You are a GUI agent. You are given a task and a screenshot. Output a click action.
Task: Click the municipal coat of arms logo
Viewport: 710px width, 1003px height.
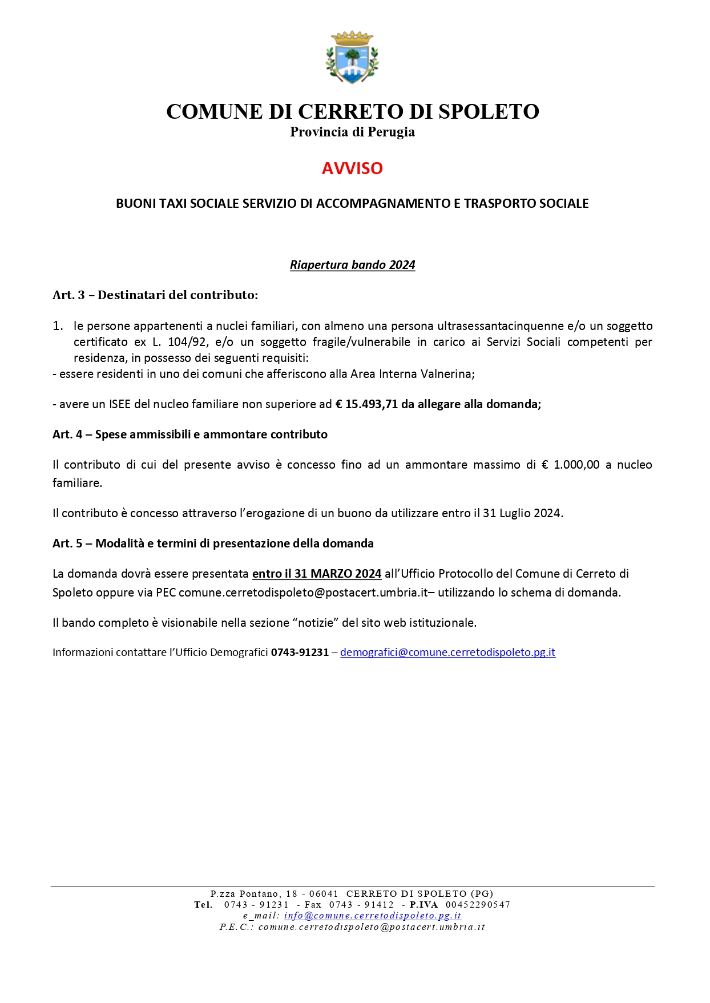(x=352, y=57)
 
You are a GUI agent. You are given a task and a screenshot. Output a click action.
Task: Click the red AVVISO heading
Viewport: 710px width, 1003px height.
(x=352, y=168)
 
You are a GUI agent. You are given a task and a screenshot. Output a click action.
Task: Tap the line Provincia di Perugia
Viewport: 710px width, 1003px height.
(x=352, y=132)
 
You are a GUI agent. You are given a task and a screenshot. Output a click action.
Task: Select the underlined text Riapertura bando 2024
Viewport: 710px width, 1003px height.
(x=352, y=265)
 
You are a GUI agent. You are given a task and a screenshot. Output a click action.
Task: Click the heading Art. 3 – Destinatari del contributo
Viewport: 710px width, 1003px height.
(x=155, y=295)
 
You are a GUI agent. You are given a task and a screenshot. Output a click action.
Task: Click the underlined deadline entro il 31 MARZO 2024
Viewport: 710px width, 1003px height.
(x=317, y=574)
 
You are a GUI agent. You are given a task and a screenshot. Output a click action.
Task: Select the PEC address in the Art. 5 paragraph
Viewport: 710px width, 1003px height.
(x=303, y=593)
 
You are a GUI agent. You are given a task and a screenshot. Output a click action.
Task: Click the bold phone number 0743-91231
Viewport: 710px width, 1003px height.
(x=300, y=652)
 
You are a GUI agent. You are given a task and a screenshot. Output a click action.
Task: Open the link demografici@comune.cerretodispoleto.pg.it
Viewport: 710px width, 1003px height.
(x=447, y=652)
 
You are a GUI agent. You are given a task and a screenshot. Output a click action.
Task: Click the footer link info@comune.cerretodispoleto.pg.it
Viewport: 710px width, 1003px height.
(x=372, y=916)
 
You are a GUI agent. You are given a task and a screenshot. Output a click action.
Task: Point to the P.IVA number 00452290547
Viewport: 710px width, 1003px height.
(x=478, y=905)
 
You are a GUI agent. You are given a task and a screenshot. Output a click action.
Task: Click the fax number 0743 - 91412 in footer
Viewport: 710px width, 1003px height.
(x=361, y=905)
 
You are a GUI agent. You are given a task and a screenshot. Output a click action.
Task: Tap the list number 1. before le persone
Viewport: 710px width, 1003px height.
(x=58, y=326)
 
